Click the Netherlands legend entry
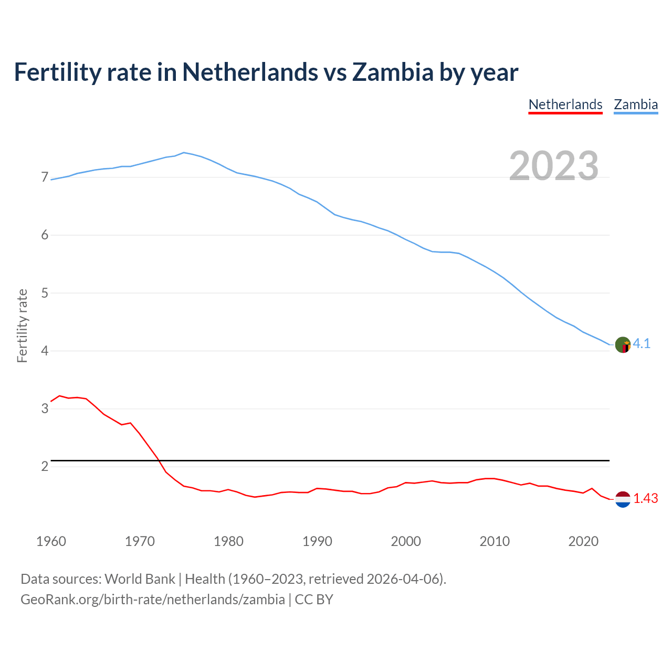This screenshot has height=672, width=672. click(565, 104)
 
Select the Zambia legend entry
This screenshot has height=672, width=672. click(636, 104)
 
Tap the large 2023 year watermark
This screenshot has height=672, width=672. click(554, 166)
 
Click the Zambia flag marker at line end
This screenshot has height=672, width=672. click(623, 345)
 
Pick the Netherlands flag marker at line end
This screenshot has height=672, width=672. click(623, 499)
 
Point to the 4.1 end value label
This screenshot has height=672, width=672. click(642, 344)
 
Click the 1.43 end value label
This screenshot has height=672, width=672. click(645, 499)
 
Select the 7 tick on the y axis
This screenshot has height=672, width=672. click(45, 177)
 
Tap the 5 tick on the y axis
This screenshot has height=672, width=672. click(45, 293)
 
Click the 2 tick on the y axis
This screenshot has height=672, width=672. click(45, 466)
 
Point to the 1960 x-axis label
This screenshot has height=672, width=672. click(51, 541)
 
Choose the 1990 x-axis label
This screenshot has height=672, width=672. click(317, 541)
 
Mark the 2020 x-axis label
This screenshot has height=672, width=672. click(583, 541)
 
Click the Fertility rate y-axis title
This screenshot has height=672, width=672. click(22, 325)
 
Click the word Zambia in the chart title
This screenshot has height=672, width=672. click(393, 72)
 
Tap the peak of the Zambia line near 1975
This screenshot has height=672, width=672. click(183, 153)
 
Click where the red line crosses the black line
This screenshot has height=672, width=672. click(159, 460)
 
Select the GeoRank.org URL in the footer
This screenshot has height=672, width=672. click(152, 600)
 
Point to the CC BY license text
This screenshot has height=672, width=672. click(314, 600)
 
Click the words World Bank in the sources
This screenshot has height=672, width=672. click(140, 579)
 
